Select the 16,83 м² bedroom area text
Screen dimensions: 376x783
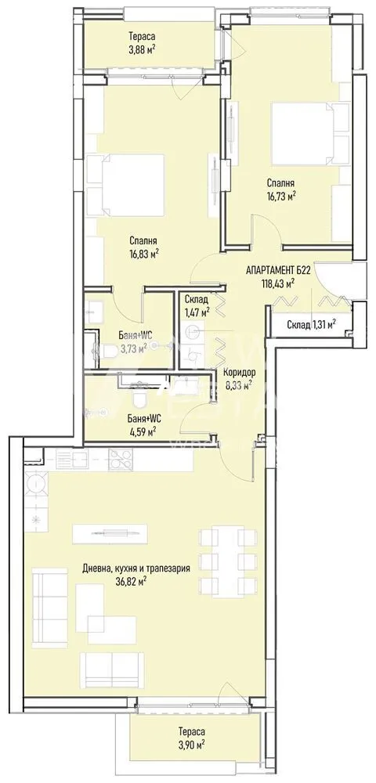[x=143, y=254]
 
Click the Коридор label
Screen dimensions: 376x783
[x=240, y=372]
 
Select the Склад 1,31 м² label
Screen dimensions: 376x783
[x=311, y=325]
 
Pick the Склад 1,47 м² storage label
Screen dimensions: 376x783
[x=197, y=305]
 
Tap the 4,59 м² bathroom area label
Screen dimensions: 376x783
[x=143, y=430]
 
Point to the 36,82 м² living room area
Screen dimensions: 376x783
[x=131, y=580]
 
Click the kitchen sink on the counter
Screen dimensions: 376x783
[x=71, y=458]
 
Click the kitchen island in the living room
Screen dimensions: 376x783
[x=110, y=534]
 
